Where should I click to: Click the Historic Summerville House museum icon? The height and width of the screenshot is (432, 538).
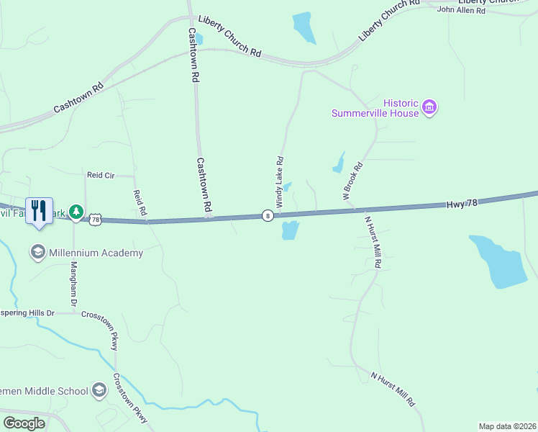coord(430,107)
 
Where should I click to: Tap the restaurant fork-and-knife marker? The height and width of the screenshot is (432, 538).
coord(39,211)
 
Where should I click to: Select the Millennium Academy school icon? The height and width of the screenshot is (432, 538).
coord(37,253)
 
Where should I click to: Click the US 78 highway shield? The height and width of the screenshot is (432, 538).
coord(95,218)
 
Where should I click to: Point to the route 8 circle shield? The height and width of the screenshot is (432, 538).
coord(267,215)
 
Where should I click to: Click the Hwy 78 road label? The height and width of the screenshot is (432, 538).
coord(462,204)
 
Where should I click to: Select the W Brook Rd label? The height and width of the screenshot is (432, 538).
coord(352,181)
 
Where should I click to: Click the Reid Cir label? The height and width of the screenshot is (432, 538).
coord(101,175)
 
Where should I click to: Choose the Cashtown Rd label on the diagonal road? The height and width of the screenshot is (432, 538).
coord(78,98)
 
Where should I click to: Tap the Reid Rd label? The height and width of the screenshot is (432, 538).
coord(140,202)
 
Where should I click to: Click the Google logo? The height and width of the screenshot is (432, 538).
coord(24,423)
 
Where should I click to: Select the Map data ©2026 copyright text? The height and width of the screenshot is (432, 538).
coord(507,426)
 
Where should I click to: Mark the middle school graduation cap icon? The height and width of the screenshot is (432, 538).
coord(99,390)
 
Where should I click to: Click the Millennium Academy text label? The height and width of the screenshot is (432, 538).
coord(96,253)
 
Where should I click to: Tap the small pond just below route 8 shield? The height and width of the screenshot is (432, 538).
coord(289,230)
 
